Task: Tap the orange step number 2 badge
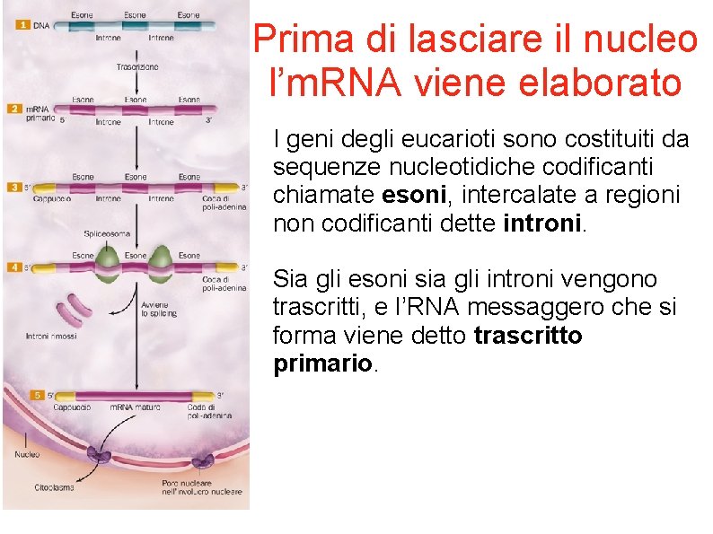tap(13, 108)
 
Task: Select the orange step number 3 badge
tap(13, 188)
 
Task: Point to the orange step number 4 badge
tap(13, 267)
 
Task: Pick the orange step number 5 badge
tap(37, 395)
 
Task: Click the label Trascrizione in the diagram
tap(136, 66)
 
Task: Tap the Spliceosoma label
tap(107, 233)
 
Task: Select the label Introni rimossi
tap(50, 337)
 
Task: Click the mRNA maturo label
tap(135, 407)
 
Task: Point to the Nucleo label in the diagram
tap(28, 454)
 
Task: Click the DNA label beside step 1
tap(42, 25)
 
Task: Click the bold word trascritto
tap(528, 336)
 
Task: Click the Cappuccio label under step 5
tap(72, 407)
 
